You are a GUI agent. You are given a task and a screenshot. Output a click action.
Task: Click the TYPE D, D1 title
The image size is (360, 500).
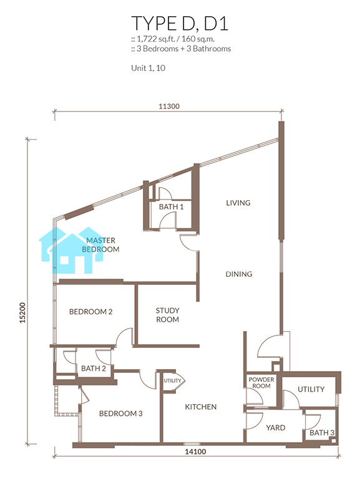coord(180,24)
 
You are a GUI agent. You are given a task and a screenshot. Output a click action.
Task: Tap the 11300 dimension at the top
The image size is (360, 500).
coord(169,106)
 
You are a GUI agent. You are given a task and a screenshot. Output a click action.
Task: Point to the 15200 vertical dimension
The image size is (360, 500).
coord(22,313)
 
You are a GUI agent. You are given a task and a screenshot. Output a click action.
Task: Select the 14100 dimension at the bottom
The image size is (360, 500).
coord(195,451)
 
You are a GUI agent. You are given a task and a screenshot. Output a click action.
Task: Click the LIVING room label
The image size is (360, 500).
coord(238,203)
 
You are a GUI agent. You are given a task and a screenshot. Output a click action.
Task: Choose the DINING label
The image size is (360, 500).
coord(239,274)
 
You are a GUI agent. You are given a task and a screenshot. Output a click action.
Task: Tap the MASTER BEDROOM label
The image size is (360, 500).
coord(100,245)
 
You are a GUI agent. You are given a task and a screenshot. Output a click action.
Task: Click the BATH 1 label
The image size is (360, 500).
coord(172,206)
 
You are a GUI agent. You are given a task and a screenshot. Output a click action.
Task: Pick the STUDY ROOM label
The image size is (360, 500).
coord(168,315)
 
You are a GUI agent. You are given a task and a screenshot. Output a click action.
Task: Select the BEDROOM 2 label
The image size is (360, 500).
coord(91,312)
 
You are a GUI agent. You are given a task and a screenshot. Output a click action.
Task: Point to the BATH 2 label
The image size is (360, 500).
coord(94,368)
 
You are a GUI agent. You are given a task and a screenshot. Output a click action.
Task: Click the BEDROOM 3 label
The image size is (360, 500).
coord(120,413)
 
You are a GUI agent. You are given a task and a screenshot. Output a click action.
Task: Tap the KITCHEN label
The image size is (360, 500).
coord(201,407)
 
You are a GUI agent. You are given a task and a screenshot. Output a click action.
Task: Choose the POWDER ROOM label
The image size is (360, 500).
coord(261,383)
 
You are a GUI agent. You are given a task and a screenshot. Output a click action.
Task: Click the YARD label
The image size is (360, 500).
coord(276,428)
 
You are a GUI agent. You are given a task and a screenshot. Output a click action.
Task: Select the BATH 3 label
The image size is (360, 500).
coord(322,433)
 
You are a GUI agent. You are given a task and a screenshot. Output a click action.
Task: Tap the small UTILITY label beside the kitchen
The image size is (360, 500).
coord(172,380)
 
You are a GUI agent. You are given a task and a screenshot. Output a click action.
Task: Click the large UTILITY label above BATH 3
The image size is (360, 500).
coord(311,389)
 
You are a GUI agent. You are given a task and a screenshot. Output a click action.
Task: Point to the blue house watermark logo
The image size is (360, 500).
coord(71,251)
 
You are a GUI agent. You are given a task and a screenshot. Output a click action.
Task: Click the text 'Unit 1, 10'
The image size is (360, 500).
coord(148,68)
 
